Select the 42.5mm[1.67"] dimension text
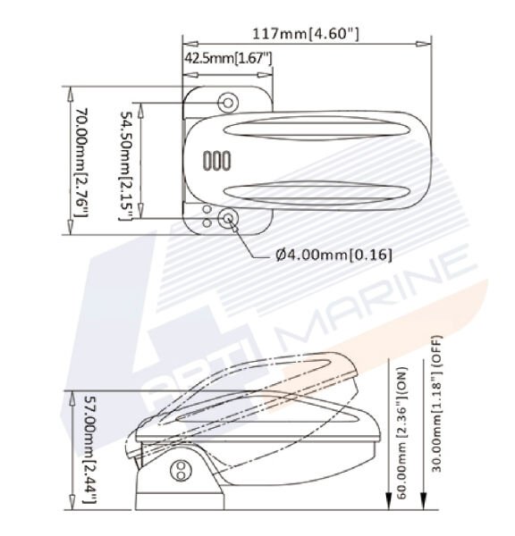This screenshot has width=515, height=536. pos(228,59)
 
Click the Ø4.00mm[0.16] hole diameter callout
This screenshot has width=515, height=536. pos(333,254)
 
